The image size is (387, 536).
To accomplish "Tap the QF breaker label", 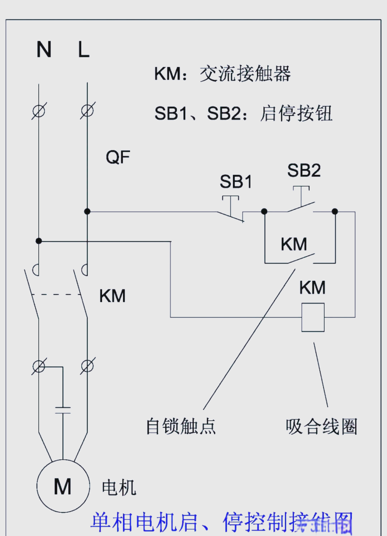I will (x=118, y=157).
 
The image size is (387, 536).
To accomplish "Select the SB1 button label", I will (x=236, y=182).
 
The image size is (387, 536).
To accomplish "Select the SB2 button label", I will (x=304, y=170).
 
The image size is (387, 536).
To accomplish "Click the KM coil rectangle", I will (x=313, y=317).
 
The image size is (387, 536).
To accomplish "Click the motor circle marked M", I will (x=63, y=486).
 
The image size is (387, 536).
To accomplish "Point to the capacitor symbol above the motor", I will (x=63, y=410).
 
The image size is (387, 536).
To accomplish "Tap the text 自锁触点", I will (x=181, y=426).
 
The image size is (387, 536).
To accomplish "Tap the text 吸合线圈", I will (x=321, y=426).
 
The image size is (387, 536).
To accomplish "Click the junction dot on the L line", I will (x=87, y=212).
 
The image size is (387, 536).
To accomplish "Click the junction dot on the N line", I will (x=39, y=241).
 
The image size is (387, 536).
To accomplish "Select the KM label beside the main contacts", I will (x=113, y=296).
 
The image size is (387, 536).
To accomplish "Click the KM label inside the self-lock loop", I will (x=294, y=245).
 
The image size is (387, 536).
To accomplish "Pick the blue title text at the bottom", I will (x=221, y=522).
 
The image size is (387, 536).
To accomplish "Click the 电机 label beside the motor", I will (x=119, y=488).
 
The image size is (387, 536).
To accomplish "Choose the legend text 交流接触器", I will (x=245, y=74).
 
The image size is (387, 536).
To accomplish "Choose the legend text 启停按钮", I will (x=296, y=114).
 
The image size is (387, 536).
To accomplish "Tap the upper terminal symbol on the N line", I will (x=39, y=111).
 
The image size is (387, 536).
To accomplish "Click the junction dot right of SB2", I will (x=335, y=212).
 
